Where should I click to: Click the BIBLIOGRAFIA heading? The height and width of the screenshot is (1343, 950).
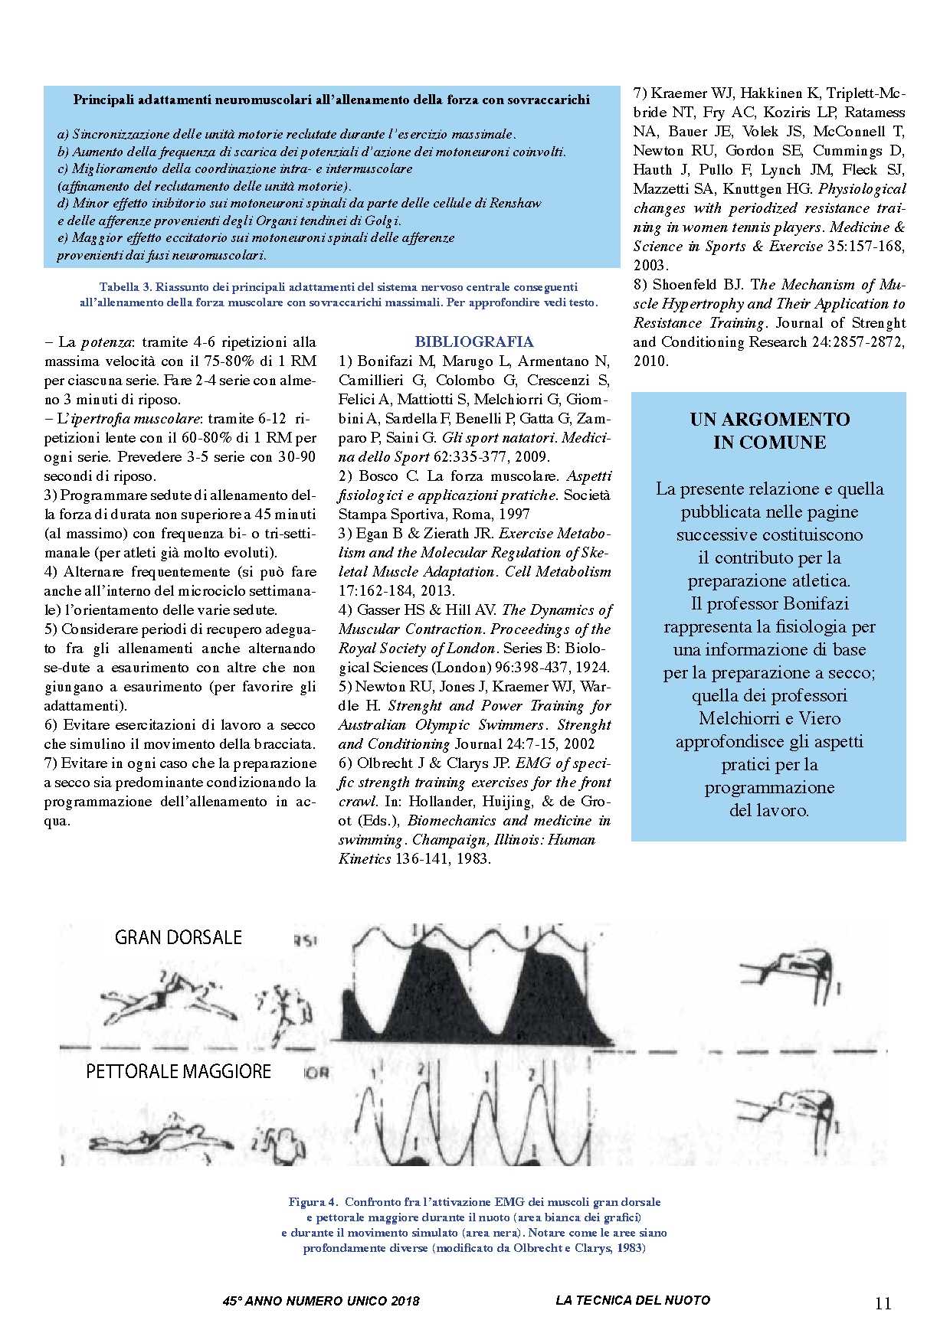(x=474, y=341)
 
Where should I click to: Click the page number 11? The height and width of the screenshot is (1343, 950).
(x=883, y=1304)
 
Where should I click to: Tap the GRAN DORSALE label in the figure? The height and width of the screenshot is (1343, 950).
(x=178, y=937)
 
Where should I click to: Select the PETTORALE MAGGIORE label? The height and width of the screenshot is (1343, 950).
(x=178, y=1071)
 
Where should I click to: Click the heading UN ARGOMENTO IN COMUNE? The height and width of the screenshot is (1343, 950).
(x=769, y=430)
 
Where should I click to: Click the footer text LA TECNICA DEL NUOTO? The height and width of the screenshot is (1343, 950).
(x=633, y=1300)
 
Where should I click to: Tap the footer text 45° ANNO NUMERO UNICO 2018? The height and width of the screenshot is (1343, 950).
(x=321, y=1301)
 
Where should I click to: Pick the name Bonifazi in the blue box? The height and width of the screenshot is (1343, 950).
(x=815, y=604)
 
